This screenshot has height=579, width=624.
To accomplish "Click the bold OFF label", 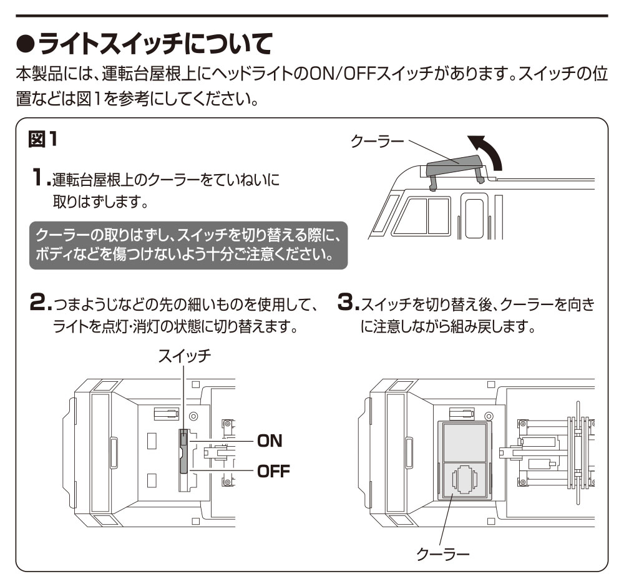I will click(x=272, y=470).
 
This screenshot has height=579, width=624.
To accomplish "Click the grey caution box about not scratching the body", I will click(x=188, y=246).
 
